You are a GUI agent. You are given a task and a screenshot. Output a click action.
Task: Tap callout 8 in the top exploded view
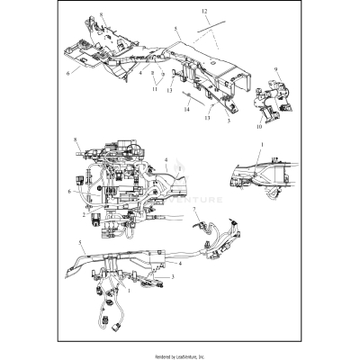point(102,15)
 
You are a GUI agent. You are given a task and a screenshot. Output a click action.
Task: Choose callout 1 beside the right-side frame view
point(263,143)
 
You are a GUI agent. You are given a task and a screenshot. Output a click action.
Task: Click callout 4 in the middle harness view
point(166,162)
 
